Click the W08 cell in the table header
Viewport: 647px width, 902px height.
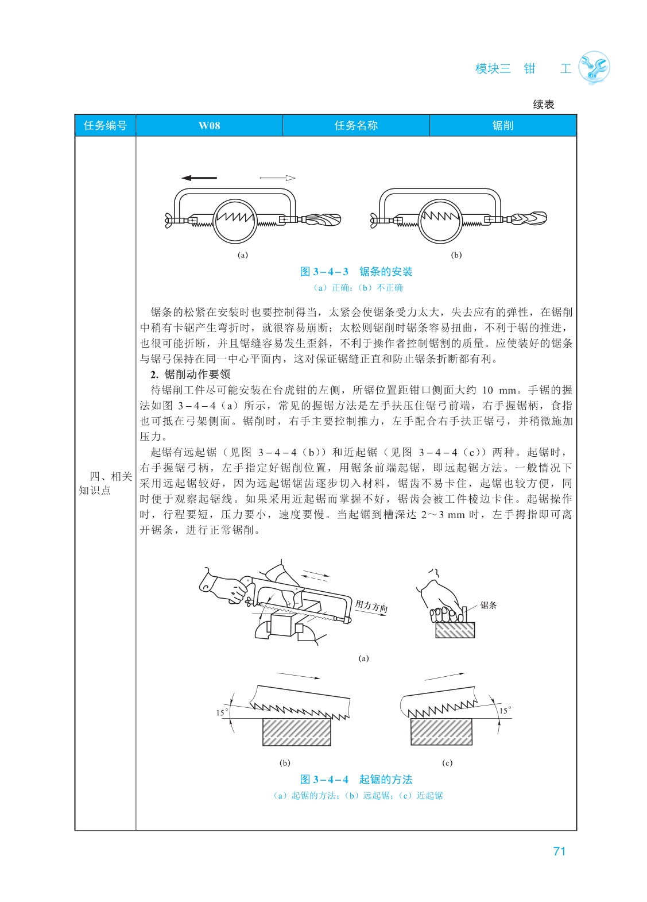[209, 126]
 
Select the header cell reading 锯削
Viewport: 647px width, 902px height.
[502, 126]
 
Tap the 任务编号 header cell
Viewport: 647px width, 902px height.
[105, 126]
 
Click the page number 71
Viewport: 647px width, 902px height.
[559, 851]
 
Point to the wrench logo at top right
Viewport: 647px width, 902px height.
[594, 68]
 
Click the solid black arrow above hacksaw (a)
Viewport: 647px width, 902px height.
[199, 178]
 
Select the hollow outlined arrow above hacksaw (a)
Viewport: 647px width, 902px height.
[278, 178]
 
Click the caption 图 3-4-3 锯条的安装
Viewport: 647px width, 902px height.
[356, 272]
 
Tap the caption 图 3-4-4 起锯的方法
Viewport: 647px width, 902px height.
[356, 780]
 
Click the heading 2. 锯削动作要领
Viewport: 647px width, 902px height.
[191, 375]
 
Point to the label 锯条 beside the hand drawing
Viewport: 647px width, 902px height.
[489, 605]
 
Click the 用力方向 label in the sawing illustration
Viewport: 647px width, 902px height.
[371, 607]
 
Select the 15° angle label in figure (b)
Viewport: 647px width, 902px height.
[222, 712]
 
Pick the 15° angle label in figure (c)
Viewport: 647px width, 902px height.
[505, 711]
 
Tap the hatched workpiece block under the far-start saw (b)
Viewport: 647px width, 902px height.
[296, 733]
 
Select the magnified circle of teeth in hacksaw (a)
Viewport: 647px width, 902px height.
[235, 221]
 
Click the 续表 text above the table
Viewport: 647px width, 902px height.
[543, 105]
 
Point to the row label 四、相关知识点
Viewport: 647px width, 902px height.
[105, 483]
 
